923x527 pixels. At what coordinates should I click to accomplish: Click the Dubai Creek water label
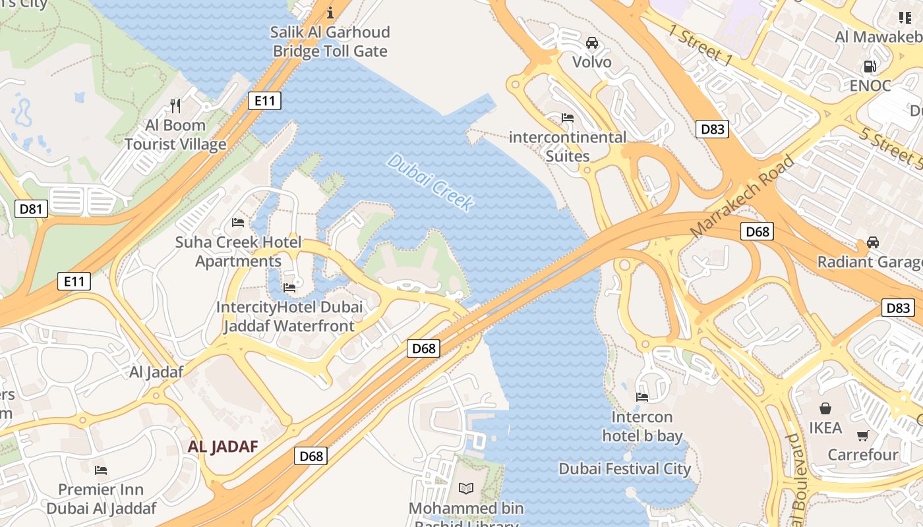(x=431, y=182)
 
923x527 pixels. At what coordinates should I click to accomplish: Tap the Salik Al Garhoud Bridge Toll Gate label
(x=330, y=42)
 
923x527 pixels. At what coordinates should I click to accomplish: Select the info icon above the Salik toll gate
(x=330, y=12)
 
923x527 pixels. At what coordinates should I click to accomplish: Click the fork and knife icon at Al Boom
(x=175, y=105)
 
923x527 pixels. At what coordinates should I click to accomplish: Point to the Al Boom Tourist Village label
(x=175, y=134)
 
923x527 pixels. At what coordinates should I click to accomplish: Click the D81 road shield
(x=31, y=209)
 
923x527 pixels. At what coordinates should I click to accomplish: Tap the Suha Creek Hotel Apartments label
(x=238, y=252)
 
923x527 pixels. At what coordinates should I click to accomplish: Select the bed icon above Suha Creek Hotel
(x=238, y=223)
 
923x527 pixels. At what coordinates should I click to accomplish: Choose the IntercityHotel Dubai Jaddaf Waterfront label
(x=289, y=316)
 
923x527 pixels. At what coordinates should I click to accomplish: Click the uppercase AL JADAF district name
(x=223, y=446)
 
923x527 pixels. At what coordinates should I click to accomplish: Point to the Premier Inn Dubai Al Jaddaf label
(x=101, y=499)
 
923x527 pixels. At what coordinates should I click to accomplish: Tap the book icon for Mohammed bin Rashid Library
(x=466, y=488)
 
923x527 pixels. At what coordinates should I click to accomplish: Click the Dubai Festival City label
(x=624, y=469)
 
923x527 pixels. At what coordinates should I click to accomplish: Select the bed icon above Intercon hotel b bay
(x=642, y=397)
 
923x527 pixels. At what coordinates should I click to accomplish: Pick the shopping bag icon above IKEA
(x=825, y=408)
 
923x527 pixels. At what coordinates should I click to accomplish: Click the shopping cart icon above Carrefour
(x=863, y=435)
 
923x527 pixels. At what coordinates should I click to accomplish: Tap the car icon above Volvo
(x=592, y=43)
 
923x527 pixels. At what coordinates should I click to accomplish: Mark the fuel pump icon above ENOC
(x=870, y=66)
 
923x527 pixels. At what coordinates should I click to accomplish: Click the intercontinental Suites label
(x=568, y=146)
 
